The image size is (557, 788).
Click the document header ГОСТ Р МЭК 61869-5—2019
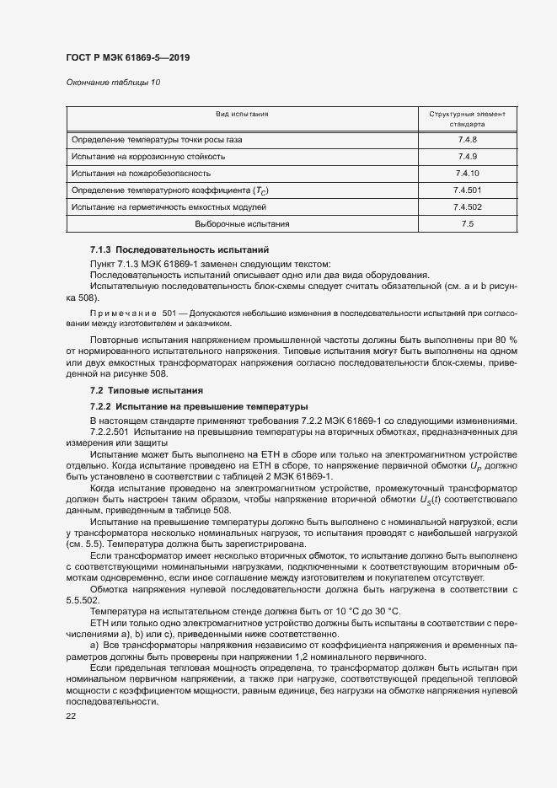(x=127, y=57)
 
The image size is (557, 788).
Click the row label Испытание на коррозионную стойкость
(x=147, y=156)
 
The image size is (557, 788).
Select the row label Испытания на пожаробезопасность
(x=140, y=173)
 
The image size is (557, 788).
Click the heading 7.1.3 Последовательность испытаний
(x=179, y=251)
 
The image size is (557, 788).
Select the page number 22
(x=71, y=716)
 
